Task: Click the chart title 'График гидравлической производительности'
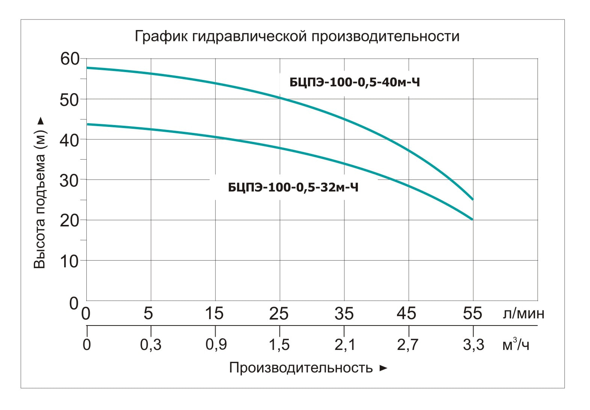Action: (297, 36)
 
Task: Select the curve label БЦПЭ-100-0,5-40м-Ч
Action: (355, 83)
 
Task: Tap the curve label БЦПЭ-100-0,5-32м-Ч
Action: (293, 188)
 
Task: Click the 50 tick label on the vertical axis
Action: (69, 100)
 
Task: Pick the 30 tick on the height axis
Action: (69, 181)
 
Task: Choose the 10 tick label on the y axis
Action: (69, 262)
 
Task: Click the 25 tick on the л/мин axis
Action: (279, 314)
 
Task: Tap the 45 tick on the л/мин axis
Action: (406, 314)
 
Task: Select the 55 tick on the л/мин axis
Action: (472, 314)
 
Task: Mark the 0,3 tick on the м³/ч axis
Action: (151, 345)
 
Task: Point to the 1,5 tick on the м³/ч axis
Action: (279, 345)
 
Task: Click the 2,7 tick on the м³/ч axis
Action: (407, 345)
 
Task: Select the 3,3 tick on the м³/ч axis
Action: (474, 345)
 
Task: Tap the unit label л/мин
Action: (524, 314)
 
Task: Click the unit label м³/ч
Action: (516, 344)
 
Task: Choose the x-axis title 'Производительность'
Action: (301, 368)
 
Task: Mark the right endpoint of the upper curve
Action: (473, 199)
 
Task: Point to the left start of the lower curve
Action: (87, 124)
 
